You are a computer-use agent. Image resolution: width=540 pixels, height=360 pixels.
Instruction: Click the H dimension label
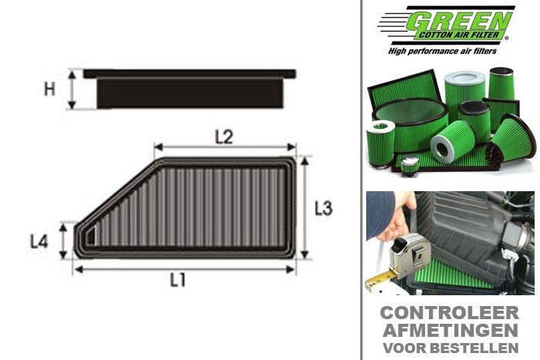click(49, 89)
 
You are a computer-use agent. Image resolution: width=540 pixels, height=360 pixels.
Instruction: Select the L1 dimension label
click(178, 281)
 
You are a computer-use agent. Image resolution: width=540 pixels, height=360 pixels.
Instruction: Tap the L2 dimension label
click(223, 137)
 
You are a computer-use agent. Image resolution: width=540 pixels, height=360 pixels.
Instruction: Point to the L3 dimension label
click(323, 208)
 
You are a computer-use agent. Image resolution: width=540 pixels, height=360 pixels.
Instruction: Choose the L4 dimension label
click(39, 241)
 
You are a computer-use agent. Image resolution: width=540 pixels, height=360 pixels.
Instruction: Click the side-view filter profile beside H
click(189, 89)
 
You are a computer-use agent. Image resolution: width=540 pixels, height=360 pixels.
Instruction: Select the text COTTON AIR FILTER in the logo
click(461, 35)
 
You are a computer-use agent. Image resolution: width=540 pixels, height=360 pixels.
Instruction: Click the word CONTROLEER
click(449, 312)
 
